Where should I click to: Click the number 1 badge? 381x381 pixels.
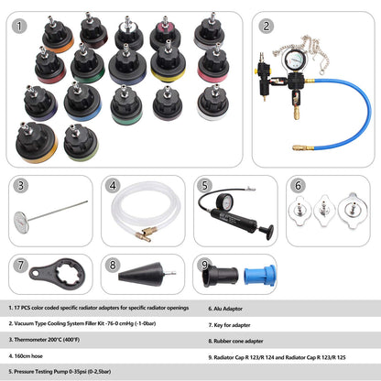(19, 27)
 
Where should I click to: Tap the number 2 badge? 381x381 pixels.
(266, 27)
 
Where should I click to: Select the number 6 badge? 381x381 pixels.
(298, 185)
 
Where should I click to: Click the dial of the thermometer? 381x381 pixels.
(21, 221)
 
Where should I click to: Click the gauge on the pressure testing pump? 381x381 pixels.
(224, 201)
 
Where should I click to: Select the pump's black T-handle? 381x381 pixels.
(267, 232)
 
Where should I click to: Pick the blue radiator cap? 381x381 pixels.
(259, 275)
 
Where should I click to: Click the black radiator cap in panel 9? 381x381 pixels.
(221, 276)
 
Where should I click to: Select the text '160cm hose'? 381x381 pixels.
(28, 356)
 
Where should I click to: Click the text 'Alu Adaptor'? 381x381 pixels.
(228, 309)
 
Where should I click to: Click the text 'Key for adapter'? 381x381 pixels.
(232, 325)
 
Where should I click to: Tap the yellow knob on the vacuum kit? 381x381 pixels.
(256, 71)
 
